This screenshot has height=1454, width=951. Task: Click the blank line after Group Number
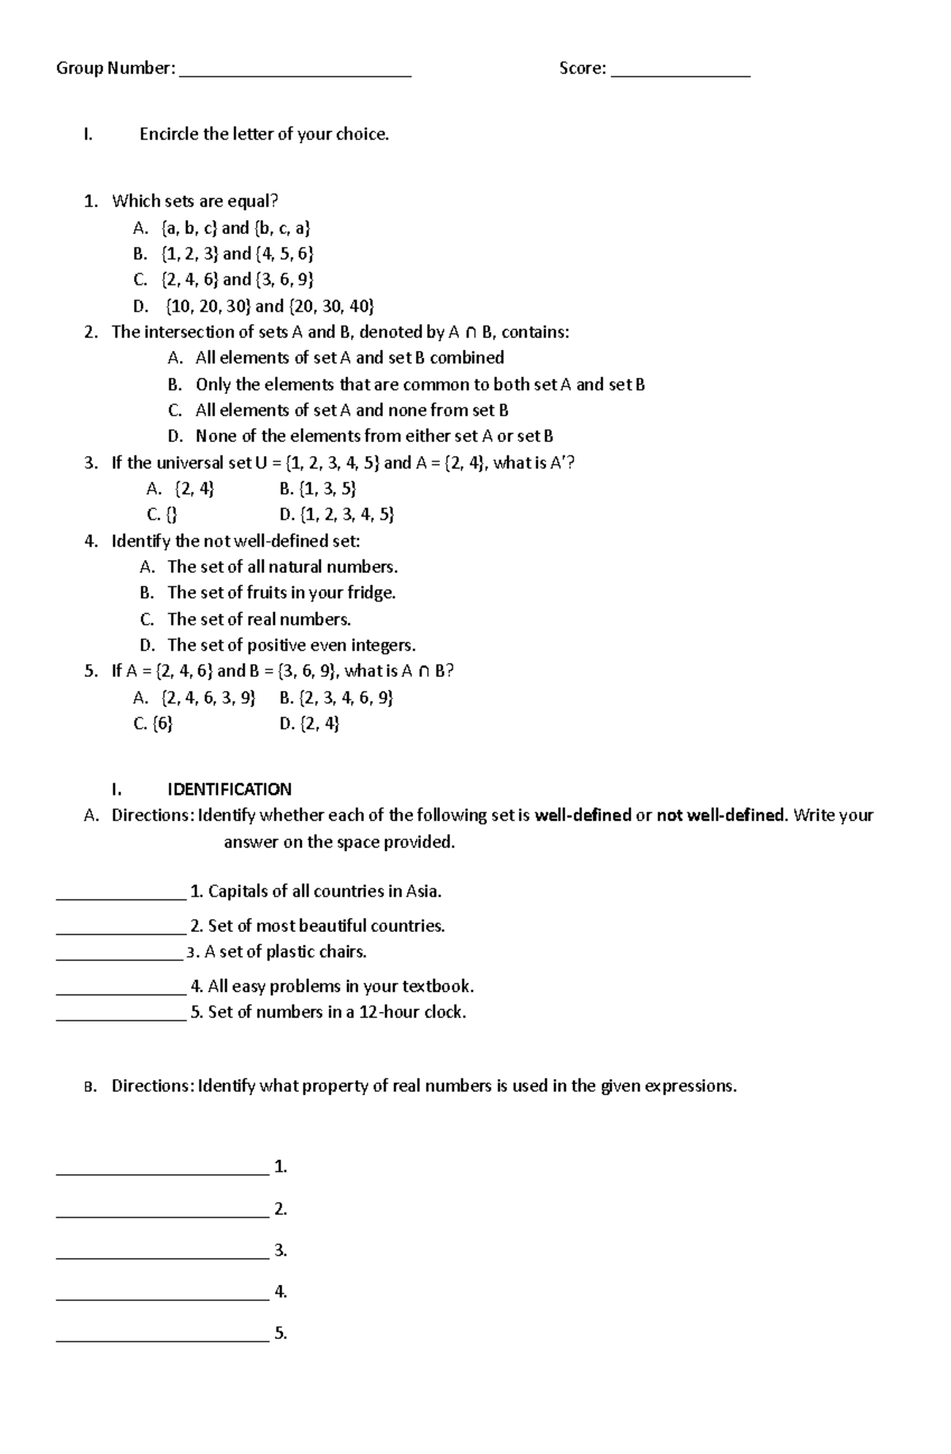[296, 73]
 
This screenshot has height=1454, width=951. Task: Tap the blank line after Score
[680, 73]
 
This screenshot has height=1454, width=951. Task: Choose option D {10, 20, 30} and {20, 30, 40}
[269, 306]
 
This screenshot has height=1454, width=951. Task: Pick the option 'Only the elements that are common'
[420, 384]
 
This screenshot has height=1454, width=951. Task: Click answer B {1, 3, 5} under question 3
[318, 488]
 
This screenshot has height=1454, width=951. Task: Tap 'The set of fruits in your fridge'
[281, 592]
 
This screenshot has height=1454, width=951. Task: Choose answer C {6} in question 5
[154, 723]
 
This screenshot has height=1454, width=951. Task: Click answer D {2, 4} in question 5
[309, 723]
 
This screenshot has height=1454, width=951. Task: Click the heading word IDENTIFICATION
[229, 789]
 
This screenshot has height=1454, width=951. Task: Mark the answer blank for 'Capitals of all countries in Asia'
[121, 895]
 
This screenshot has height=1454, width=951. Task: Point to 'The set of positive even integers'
[291, 644]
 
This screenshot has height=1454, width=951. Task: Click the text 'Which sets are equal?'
[195, 200]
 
